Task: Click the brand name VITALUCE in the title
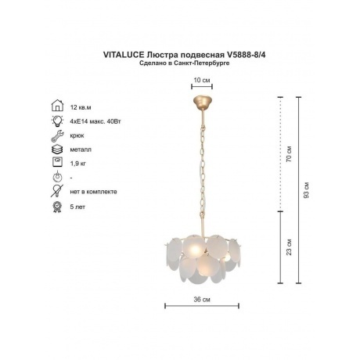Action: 124,55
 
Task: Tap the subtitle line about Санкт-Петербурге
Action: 185,63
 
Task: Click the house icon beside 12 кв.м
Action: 57,106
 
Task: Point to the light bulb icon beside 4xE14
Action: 57,121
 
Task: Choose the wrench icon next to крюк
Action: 57,135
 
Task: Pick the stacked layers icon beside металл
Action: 57,149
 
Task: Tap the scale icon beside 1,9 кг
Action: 57,162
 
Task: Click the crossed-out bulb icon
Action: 57,191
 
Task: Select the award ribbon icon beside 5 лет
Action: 57,207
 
